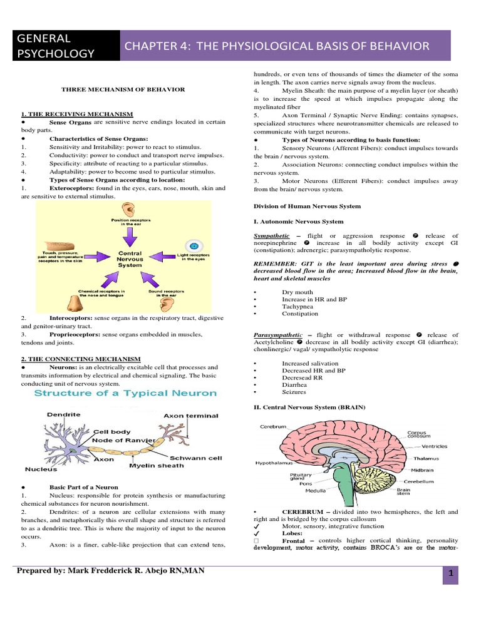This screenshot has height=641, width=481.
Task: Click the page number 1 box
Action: tap(450, 575)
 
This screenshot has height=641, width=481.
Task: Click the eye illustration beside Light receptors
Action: tap(194, 246)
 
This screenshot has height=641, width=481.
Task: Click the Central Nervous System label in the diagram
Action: tap(130, 259)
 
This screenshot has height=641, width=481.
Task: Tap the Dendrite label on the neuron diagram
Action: tap(63, 414)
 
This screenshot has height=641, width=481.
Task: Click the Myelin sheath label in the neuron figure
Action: tap(156, 465)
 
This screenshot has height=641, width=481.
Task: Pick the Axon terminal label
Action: tap(191, 415)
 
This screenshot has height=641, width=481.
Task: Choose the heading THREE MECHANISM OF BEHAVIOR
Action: tap(123, 90)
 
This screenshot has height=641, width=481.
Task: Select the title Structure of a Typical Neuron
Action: tap(125, 393)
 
